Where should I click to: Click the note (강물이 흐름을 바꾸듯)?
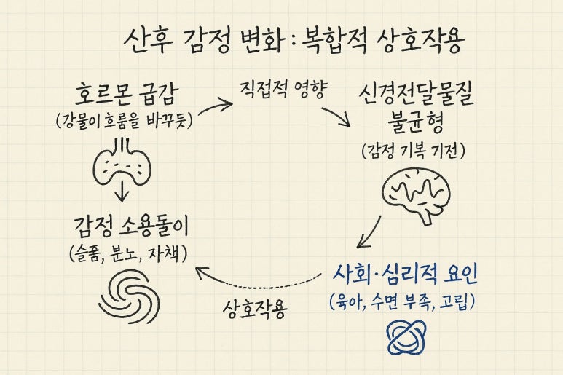[x=124, y=121]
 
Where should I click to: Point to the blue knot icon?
[x=406, y=335]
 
